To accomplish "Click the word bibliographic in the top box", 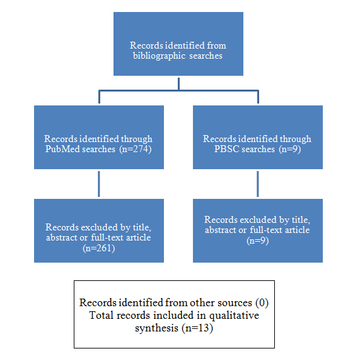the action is pos(159,56).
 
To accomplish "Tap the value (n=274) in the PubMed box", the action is pos(136,149).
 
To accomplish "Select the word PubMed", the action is pos(62,149).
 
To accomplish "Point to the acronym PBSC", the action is pos(226,149).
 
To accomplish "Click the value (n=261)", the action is pos(99,248).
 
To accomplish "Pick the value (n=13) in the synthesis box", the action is pos(197,328).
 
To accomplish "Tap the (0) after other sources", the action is pos(262,302).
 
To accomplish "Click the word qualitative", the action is pos(234,316).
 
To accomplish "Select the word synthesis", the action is pos(156,328).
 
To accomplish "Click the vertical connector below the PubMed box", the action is pos(99,184).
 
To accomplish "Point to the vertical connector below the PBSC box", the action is pos(258,184).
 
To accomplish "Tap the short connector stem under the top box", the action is pos(178,84).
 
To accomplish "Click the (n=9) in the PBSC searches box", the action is pos(290,149).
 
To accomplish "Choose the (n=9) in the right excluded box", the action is pos(258,241).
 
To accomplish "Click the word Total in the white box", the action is pos(101,315).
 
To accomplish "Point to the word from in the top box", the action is pos(216,45).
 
